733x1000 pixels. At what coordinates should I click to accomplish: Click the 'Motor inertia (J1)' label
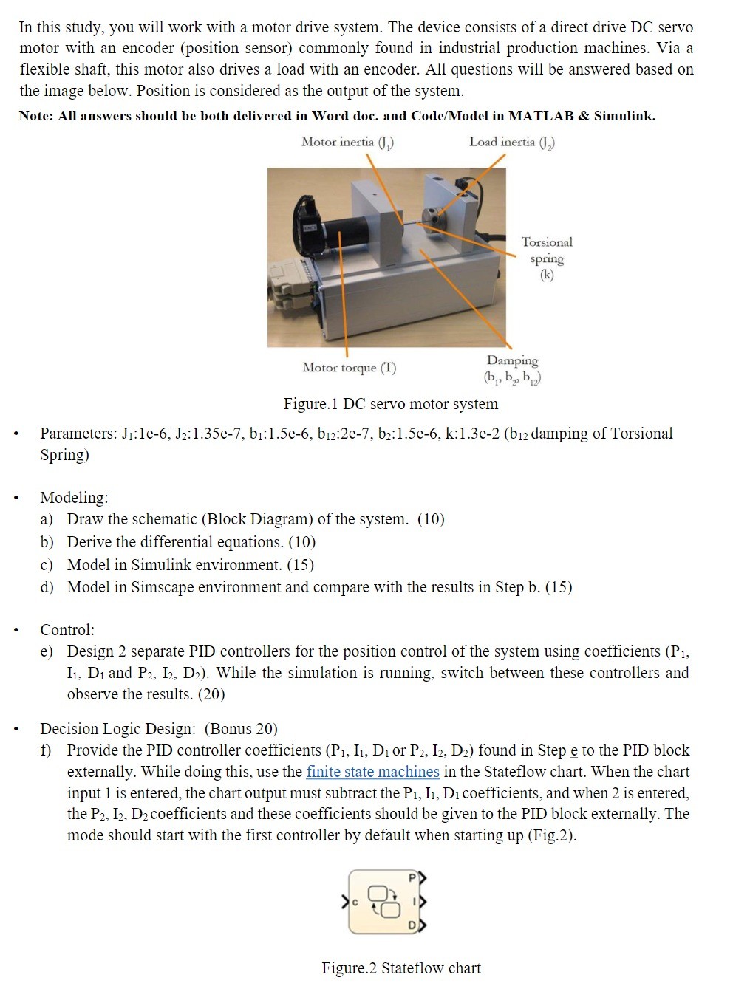[347, 142]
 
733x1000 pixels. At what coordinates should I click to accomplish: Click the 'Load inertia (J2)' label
[511, 142]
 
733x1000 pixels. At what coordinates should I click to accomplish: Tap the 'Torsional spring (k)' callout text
[547, 258]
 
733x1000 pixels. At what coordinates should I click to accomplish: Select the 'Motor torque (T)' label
[349, 368]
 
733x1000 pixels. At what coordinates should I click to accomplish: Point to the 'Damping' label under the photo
[512, 360]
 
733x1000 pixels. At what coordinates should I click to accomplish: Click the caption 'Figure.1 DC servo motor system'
[390, 404]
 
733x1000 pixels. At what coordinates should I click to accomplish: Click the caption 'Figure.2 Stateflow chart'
[400, 968]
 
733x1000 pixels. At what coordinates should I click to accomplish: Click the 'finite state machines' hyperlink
[372, 772]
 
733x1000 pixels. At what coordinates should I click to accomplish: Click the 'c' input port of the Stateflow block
[346, 902]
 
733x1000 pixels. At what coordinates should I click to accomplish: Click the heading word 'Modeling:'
[74, 498]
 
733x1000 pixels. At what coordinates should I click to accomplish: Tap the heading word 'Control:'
[67, 630]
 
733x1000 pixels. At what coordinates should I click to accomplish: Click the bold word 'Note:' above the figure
[38, 116]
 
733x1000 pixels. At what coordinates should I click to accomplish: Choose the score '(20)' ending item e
[212, 694]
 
